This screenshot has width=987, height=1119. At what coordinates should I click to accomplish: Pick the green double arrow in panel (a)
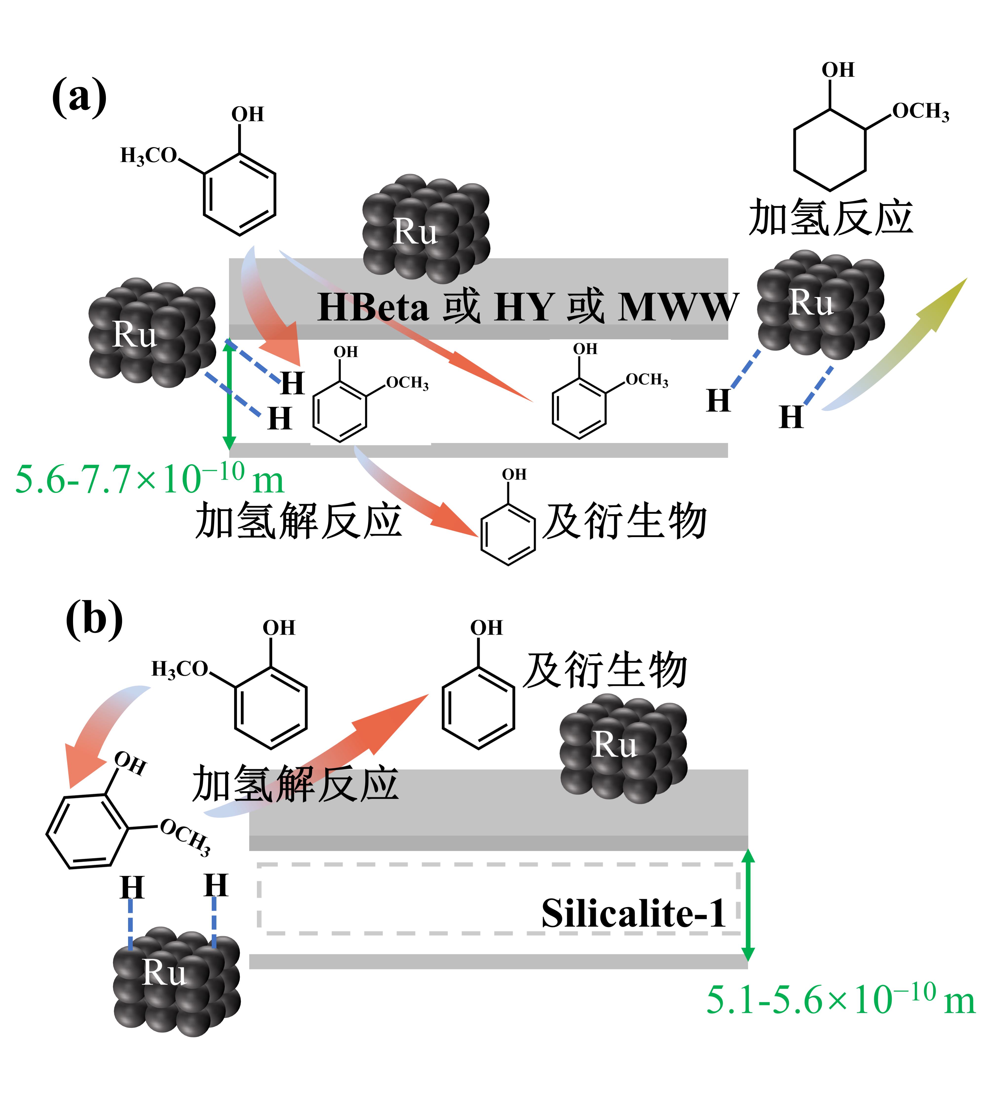pos(230,394)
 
